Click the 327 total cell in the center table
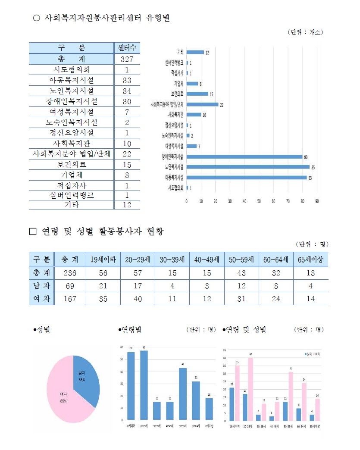[127, 59]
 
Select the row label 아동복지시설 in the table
[72, 80]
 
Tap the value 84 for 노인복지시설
[127, 91]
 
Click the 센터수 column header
[127, 48]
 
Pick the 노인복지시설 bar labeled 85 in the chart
[247, 167]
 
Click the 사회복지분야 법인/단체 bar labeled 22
[202, 104]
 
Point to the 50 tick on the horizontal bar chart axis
[259, 201]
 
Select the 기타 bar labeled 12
[195, 52]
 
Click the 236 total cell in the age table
[70, 273]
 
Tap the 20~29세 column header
[138, 260]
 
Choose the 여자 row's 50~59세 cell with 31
[241, 299]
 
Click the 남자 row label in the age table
[41, 286]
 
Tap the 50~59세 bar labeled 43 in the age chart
[183, 394]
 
